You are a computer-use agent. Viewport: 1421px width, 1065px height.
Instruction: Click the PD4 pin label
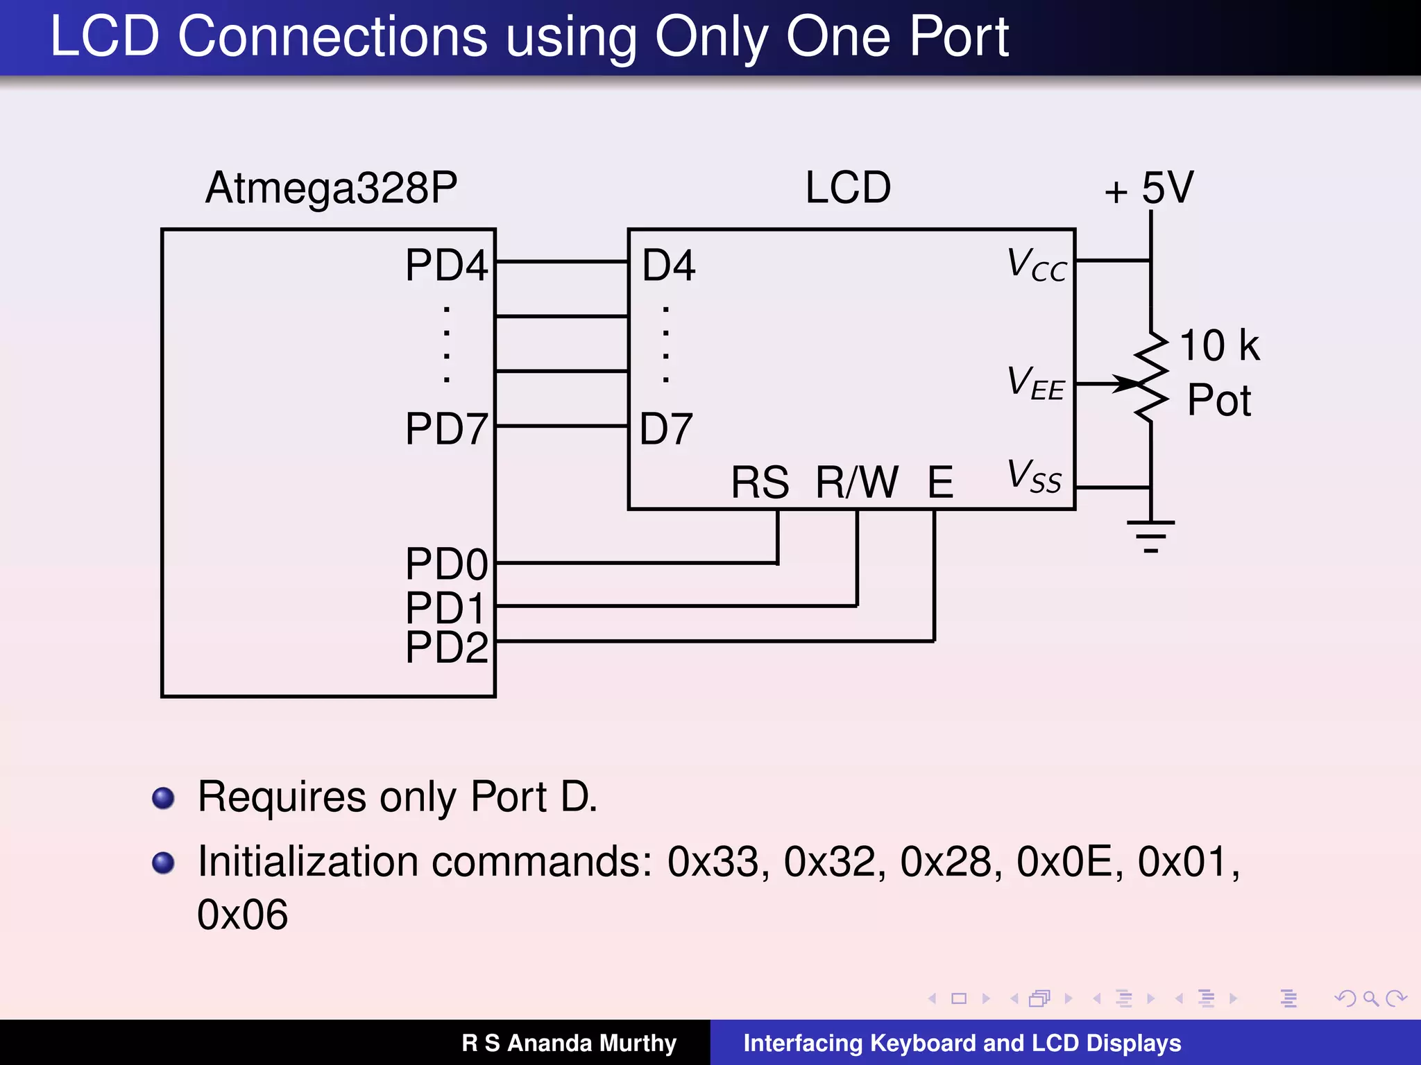point(447,265)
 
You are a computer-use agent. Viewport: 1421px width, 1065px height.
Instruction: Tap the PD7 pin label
point(447,428)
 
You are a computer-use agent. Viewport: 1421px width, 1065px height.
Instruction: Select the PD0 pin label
point(447,564)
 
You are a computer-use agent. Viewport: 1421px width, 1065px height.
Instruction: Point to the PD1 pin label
point(445,608)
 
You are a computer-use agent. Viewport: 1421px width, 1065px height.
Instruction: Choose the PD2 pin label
point(447,647)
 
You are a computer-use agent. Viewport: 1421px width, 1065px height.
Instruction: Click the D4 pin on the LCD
point(668,265)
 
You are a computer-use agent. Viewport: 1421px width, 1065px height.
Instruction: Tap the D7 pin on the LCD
point(666,428)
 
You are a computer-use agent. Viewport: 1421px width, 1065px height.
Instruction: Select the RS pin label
point(760,482)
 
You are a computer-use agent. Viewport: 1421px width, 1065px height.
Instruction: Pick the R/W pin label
point(857,482)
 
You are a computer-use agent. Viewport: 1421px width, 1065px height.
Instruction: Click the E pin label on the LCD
point(941,482)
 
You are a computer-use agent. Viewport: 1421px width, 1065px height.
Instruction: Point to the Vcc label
point(1037,265)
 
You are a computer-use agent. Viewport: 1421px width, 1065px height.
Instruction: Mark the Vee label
point(1035,383)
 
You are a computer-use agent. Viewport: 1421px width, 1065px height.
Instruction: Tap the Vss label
point(1034,476)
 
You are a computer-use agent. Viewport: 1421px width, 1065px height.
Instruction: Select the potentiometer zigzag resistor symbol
point(1151,376)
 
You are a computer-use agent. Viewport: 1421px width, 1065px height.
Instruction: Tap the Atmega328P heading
point(332,187)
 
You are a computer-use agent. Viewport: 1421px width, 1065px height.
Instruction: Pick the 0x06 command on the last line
point(242,915)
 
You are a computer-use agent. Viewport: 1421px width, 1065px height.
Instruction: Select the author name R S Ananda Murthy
point(569,1043)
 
